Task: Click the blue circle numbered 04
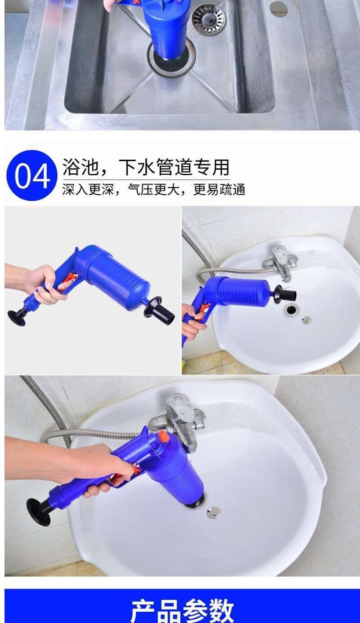(32, 175)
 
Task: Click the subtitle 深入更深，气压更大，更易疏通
(154, 190)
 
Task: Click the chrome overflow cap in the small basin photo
(307, 320)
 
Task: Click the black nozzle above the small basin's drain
(285, 293)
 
